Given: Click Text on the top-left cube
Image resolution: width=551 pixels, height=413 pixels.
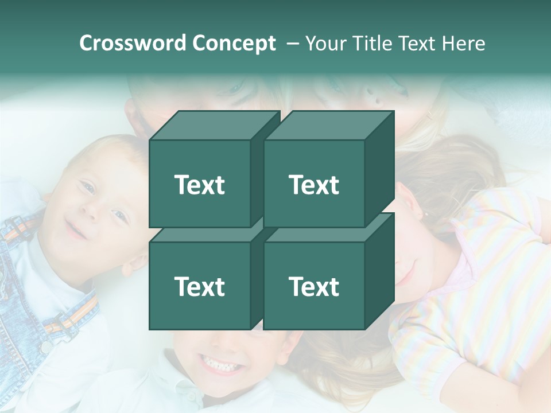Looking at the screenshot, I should [199, 185].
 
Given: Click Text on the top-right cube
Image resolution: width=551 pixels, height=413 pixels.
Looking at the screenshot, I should [314, 185].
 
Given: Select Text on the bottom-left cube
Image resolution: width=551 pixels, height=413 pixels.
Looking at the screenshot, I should [199, 286].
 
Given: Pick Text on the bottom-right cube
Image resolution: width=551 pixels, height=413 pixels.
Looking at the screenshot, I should [314, 286].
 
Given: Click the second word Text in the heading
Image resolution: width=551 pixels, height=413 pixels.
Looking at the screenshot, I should [417, 44].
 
